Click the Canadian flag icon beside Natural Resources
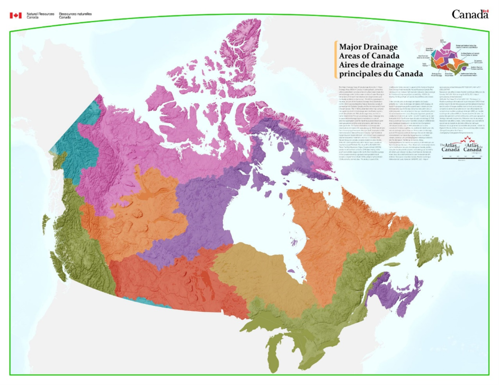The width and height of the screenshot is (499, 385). pyautogui.click(x=15, y=15)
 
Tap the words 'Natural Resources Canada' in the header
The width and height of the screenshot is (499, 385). pyautogui.click(x=40, y=15)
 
